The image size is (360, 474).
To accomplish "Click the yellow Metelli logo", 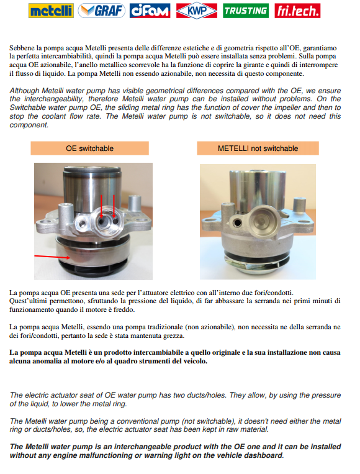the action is click(51, 11).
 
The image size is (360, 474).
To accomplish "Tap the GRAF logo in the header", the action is click(101, 11).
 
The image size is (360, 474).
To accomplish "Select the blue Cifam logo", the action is click(150, 11).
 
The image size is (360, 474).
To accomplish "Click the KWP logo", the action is click(197, 11).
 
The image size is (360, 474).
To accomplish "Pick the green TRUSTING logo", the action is click(246, 11).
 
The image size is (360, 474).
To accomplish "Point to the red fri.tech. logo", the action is click(297, 11).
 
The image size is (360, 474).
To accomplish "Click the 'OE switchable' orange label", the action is click(90, 148).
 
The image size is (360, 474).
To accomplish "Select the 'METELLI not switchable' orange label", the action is click(258, 148).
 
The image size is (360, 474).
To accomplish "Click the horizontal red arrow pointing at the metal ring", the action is click(52, 257).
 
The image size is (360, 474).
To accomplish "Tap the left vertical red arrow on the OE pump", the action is click(101, 206).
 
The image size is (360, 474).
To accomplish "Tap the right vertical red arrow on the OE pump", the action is click(114, 206).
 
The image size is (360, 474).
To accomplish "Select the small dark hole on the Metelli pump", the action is click(238, 223).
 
